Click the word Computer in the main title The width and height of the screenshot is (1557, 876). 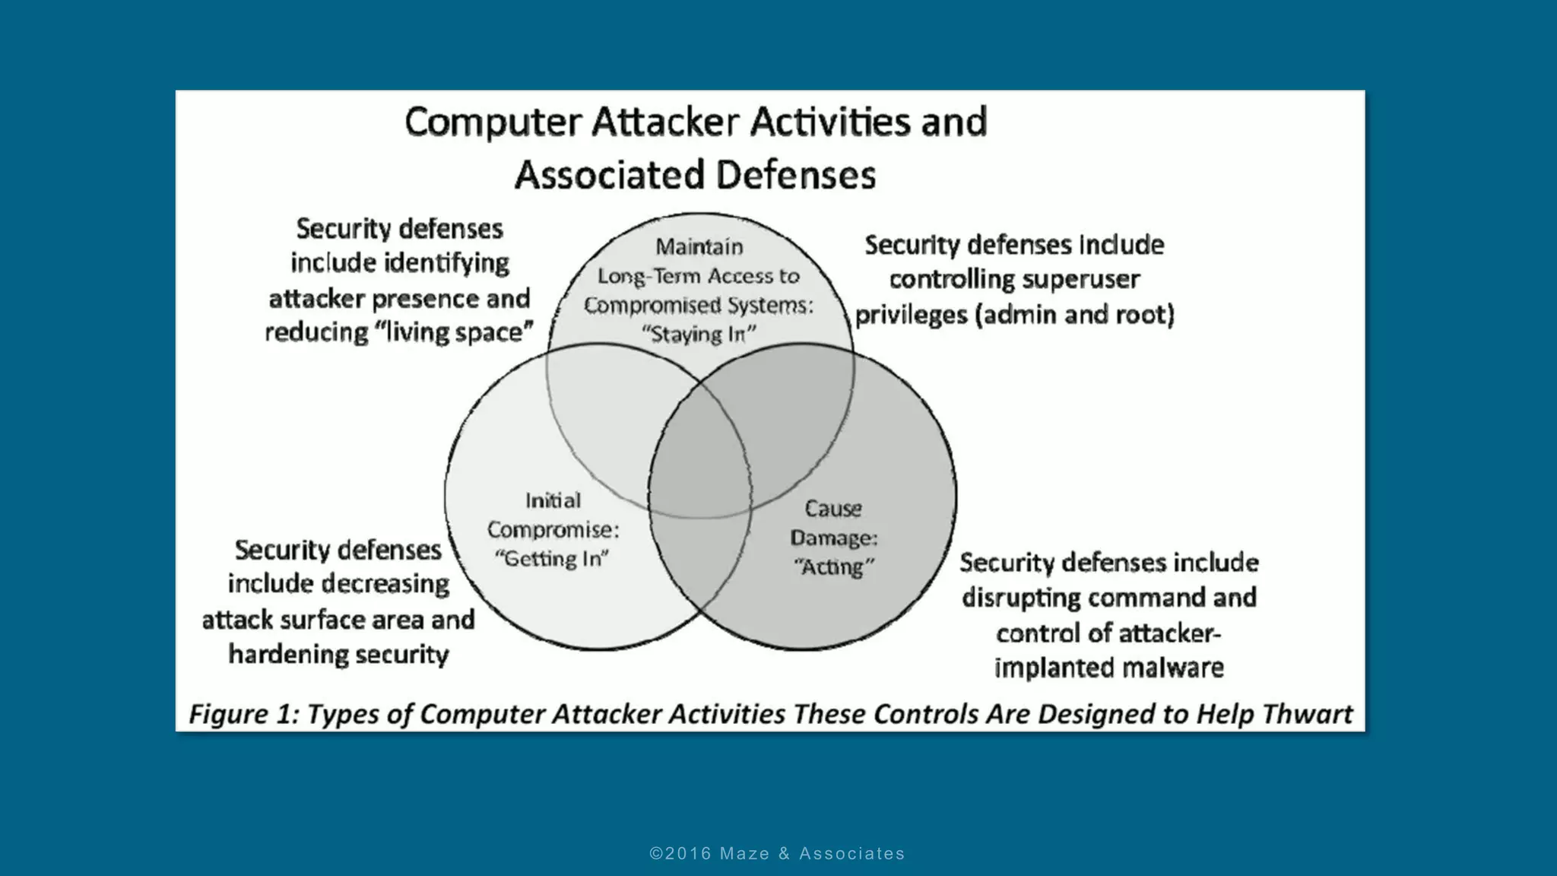(493, 123)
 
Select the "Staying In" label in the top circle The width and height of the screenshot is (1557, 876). (699, 335)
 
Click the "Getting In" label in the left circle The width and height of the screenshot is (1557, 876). (552, 559)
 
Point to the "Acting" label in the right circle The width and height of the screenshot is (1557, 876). (833, 567)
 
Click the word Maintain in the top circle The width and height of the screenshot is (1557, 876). (699, 247)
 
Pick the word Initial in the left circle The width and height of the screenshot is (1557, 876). (553, 500)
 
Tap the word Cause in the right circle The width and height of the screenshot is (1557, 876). (833, 508)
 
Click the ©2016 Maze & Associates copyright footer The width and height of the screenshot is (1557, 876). (777, 854)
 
